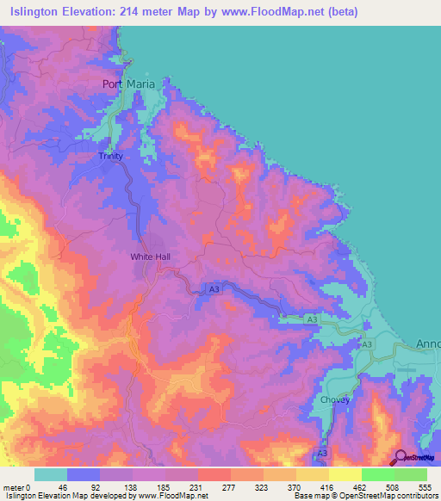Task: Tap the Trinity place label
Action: (111, 157)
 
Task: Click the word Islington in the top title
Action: (39, 12)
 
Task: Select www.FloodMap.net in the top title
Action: (267, 12)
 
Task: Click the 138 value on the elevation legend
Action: (132, 486)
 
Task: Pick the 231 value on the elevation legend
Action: (198, 486)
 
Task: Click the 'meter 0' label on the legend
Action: (18, 486)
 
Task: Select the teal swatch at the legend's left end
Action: (50, 474)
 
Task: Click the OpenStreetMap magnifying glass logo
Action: (401, 457)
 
